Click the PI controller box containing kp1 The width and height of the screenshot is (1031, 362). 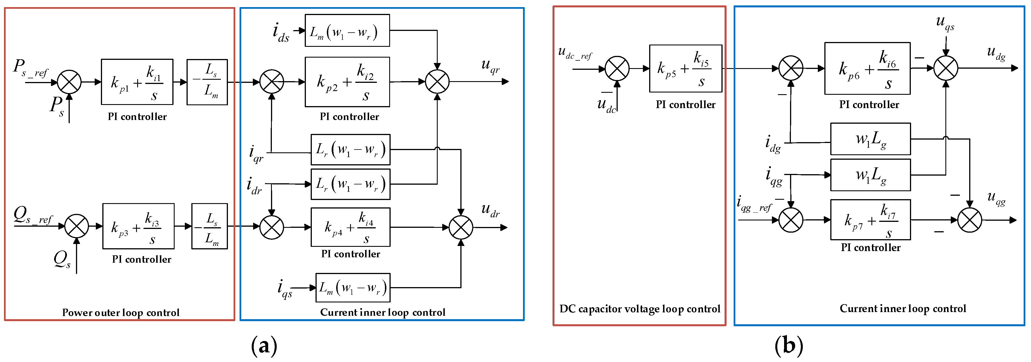[137, 82]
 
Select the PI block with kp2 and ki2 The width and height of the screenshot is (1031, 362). [347, 82]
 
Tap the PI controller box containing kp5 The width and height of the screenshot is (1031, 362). [685, 68]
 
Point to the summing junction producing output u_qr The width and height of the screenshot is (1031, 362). [437, 82]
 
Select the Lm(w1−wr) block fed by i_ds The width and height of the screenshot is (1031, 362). [347, 30]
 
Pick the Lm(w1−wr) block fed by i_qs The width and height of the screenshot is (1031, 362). [353, 287]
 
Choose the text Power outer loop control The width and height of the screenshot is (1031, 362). [120, 312]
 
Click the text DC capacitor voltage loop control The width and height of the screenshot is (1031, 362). [639, 309]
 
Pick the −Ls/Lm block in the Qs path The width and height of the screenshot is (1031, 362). [209, 226]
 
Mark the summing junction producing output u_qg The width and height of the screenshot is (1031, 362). [969, 220]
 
